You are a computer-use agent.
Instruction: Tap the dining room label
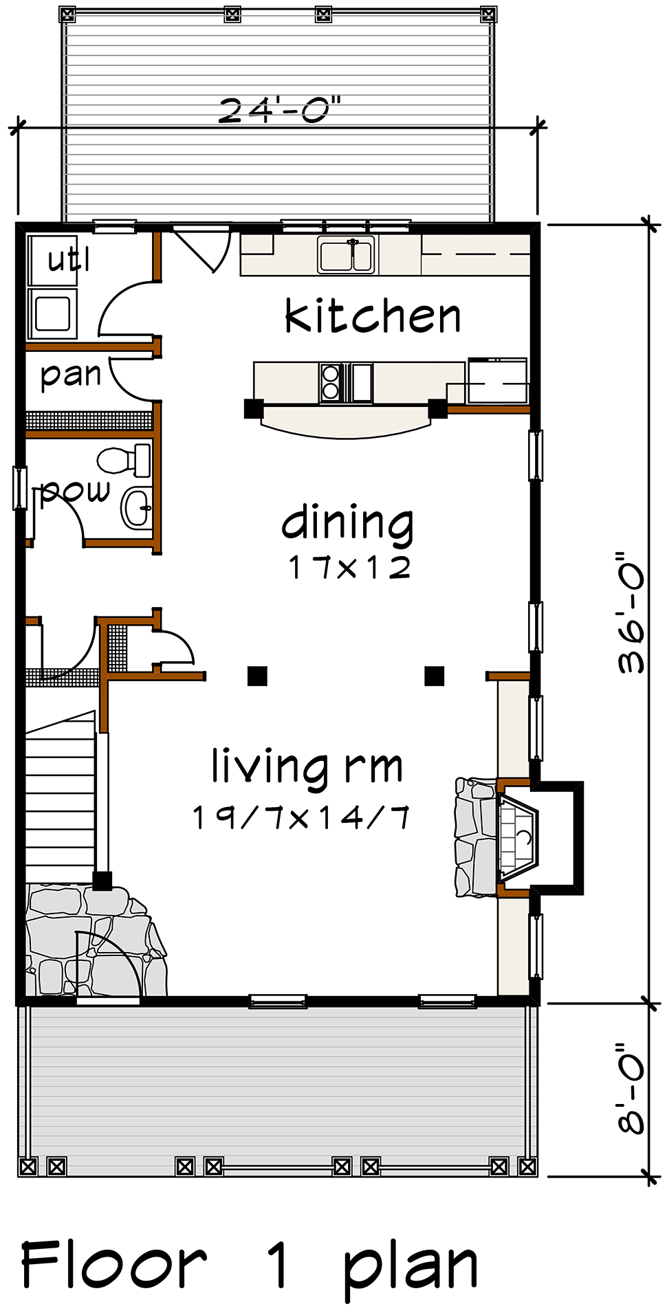347,524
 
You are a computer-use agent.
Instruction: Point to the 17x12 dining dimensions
349,567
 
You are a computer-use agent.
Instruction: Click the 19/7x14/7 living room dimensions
301,817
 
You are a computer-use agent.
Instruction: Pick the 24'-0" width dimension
280,110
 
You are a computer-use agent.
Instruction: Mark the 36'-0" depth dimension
631,612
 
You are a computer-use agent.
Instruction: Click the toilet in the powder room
124,460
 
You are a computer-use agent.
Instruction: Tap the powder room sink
137,509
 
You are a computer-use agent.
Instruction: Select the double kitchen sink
347,254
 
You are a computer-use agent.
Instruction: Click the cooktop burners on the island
331,382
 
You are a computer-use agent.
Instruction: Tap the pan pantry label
71,375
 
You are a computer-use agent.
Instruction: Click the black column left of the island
254,408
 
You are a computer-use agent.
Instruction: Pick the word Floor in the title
113,1265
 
